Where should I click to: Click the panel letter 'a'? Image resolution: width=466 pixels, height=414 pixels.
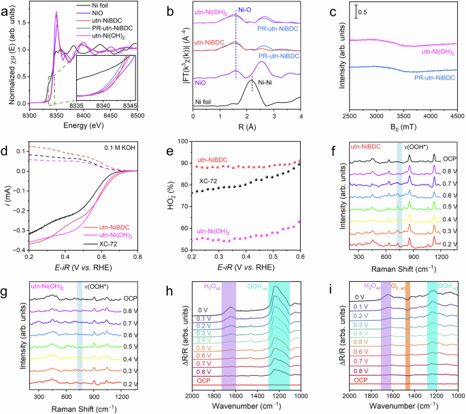[6, 8]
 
